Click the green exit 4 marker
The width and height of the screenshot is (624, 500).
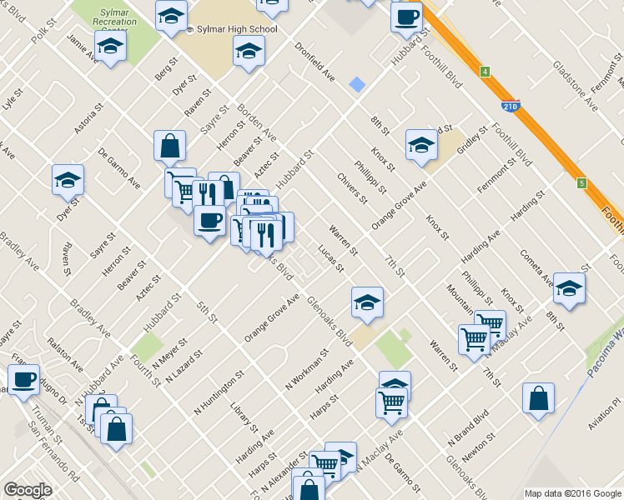pyautogui.click(x=484, y=72)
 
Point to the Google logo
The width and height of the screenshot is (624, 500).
pyautogui.click(x=28, y=489)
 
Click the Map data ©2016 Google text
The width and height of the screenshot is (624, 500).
pyautogui.click(x=572, y=493)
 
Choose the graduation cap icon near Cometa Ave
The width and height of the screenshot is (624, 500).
pyautogui.click(x=569, y=287)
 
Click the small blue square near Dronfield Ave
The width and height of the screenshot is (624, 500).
pyautogui.click(x=357, y=84)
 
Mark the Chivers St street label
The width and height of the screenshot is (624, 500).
pyautogui.click(x=352, y=187)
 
